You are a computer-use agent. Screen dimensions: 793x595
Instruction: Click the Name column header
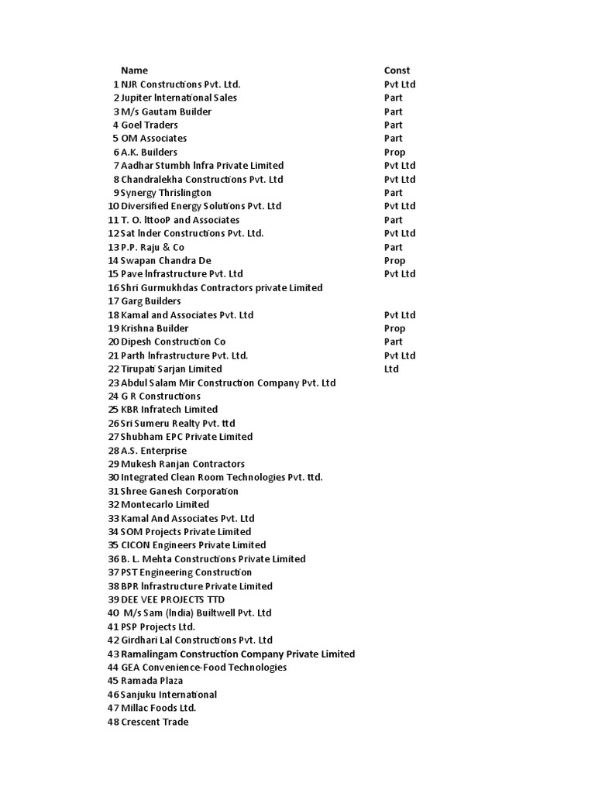click(x=134, y=70)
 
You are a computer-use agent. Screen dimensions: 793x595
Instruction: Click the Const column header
click(x=397, y=70)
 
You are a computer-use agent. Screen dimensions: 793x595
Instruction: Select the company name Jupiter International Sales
click(x=179, y=98)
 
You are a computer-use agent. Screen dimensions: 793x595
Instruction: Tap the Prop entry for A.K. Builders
click(x=394, y=152)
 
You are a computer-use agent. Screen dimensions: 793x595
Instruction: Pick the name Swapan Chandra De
click(x=166, y=260)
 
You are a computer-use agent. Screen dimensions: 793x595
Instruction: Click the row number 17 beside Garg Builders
click(x=113, y=301)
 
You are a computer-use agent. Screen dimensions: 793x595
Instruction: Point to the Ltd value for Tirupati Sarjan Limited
click(x=391, y=369)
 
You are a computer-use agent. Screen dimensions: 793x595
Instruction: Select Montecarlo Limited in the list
click(x=165, y=504)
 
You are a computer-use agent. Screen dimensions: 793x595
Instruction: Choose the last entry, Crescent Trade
click(x=154, y=722)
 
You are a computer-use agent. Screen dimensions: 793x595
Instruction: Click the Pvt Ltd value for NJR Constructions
click(x=400, y=84)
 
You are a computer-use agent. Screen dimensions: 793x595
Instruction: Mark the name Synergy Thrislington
click(x=166, y=193)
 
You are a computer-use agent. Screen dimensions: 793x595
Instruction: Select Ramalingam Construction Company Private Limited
click(x=238, y=654)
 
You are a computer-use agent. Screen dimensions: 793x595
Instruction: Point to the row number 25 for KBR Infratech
click(x=113, y=410)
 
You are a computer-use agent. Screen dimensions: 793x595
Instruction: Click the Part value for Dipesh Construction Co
click(x=394, y=342)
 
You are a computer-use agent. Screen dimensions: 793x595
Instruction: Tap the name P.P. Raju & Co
click(x=153, y=247)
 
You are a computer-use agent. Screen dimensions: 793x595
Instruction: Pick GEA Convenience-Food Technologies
click(x=204, y=668)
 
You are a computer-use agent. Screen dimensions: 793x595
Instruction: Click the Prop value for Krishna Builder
click(x=394, y=328)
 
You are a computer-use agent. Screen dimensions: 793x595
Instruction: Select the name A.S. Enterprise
click(x=153, y=451)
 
